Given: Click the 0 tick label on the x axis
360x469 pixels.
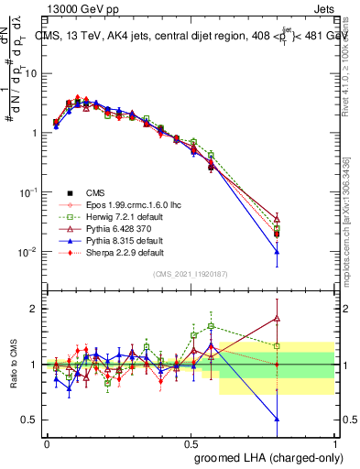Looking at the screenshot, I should (x=47, y=442).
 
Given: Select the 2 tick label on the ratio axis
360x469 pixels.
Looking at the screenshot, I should (x=34, y=309).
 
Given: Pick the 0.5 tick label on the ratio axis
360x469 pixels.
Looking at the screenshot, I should (x=31, y=420).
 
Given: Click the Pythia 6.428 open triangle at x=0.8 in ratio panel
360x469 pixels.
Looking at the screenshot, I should (x=277, y=319).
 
